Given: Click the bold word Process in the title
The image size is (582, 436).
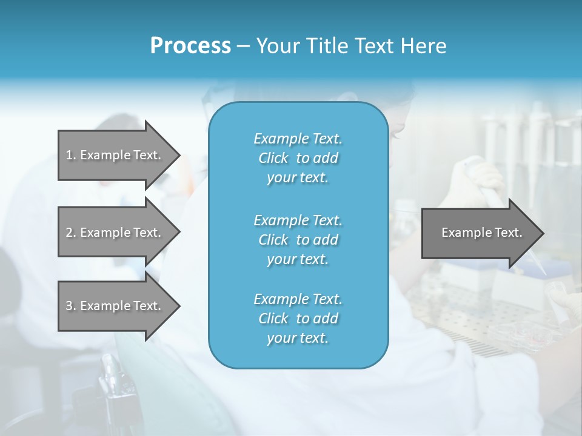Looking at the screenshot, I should pos(190,46).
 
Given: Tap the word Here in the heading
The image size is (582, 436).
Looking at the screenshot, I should pos(423,46).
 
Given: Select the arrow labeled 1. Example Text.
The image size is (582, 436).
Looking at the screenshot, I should pos(115,155).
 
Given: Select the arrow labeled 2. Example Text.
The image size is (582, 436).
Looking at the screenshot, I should pos(115,233).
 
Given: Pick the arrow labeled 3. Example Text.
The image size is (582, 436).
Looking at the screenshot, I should pos(115,306).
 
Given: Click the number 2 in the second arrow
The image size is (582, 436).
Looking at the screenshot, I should pos(69,233).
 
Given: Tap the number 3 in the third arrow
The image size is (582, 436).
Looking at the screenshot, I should pos(69,306).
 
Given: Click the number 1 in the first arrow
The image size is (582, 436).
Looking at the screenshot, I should pos(69,155).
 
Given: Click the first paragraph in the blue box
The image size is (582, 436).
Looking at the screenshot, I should pos(298,158).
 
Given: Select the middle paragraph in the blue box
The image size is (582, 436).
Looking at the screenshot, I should pos(298,239).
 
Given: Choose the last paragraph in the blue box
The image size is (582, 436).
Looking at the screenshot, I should pos(298,319).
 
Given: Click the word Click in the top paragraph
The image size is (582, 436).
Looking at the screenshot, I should pos(273,158).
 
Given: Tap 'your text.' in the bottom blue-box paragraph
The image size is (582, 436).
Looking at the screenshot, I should pos(298,338).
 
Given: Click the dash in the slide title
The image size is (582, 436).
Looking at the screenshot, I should pos(244,47).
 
